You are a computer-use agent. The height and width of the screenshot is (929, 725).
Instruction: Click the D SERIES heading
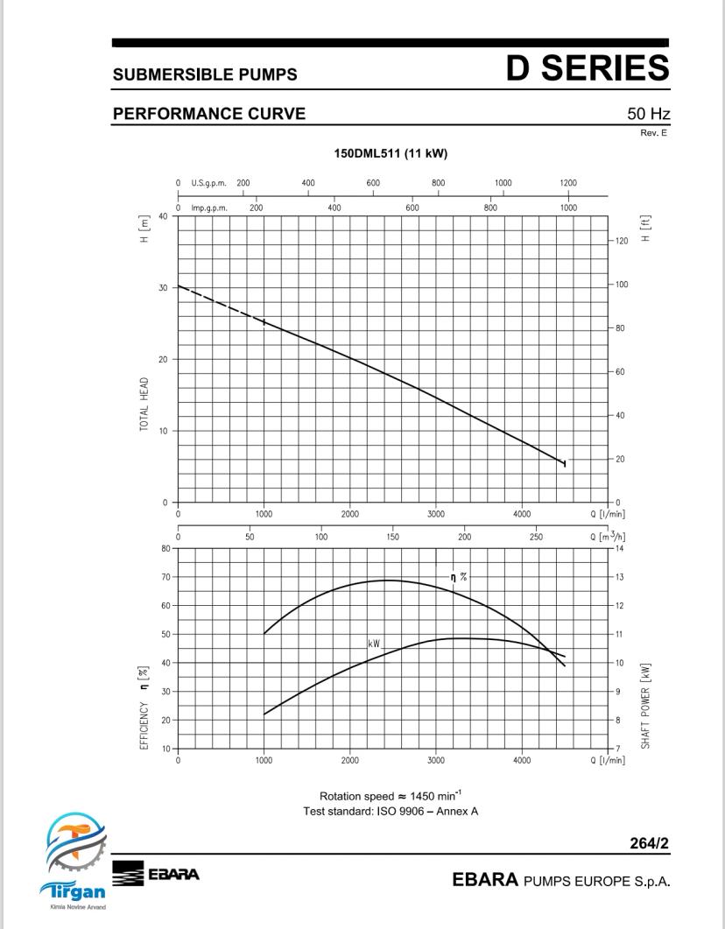(x=588, y=67)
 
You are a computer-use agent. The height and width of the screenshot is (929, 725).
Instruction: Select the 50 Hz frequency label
(x=649, y=113)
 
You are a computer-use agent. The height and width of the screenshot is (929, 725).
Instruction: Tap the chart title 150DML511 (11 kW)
(x=391, y=153)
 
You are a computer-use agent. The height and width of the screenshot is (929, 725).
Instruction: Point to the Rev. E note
(x=653, y=133)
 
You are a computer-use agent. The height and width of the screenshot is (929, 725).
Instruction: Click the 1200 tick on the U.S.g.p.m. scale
(x=568, y=183)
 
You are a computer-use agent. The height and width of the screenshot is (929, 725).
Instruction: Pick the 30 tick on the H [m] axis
(x=162, y=287)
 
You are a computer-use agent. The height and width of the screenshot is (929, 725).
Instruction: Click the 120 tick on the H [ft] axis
(x=622, y=241)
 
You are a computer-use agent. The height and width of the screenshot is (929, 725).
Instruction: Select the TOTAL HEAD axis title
(x=144, y=404)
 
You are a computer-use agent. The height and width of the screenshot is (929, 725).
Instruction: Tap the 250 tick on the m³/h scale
(x=536, y=537)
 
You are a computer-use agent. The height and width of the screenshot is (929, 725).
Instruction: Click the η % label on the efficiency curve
(x=459, y=576)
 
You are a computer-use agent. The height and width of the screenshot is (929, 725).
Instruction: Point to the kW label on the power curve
(x=374, y=644)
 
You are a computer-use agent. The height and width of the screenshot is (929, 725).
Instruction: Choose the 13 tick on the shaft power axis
(x=619, y=577)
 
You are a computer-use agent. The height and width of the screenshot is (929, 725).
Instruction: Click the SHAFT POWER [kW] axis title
(x=645, y=706)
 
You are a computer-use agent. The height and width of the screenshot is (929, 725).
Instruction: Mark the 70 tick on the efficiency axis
(x=165, y=577)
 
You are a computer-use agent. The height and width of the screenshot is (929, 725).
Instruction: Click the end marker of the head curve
(x=565, y=463)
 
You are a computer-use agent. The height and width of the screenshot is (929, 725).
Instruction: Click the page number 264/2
(x=649, y=843)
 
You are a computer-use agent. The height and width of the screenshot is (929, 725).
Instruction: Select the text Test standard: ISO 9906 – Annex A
(x=391, y=811)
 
